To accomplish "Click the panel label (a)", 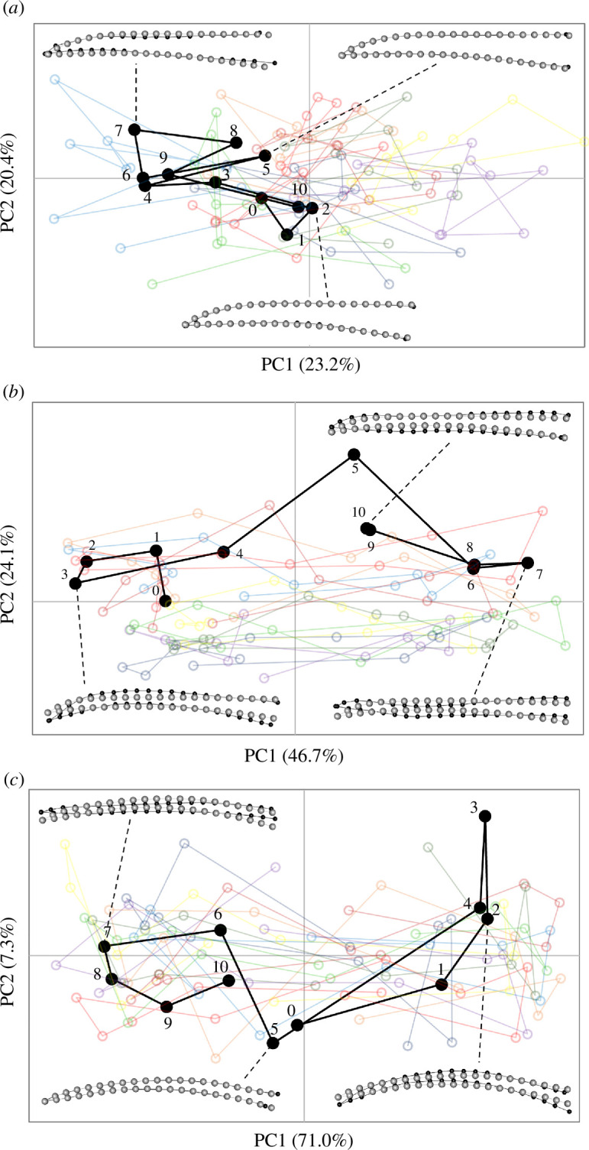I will click(x=14, y=10).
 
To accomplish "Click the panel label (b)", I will click(x=14, y=391).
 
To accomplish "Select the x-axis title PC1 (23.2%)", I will click(x=309, y=365).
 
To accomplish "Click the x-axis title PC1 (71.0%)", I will click(x=304, y=1139).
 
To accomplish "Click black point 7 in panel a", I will click(x=134, y=129).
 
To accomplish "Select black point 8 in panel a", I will click(x=236, y=142).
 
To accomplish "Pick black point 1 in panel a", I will click(x=286, y=235).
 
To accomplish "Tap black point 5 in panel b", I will click(x=353, y=454).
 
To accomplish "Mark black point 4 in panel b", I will click(x=223, y=551).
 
